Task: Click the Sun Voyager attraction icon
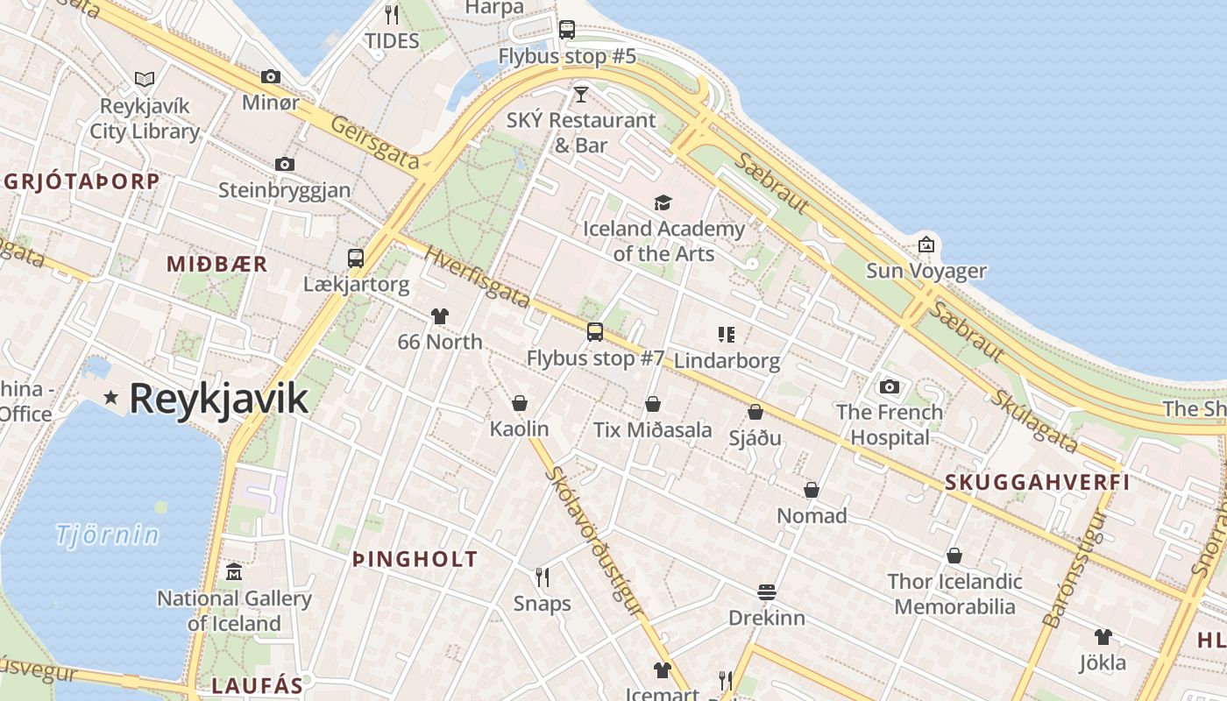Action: (x=926, y=244)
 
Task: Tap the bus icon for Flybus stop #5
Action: (x=567, y=30)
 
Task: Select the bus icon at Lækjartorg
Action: (x=355, y=258)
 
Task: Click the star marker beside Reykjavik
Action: (x=110, y=398)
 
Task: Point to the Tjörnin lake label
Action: (x=108, y=535)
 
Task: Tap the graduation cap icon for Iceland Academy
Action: (x=663, y=203)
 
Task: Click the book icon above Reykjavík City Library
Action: (x=145, y=80)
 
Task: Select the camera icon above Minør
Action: (x=271, y=77)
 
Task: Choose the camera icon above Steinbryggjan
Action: (x=284, y=164)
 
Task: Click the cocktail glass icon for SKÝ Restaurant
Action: (x=580, y=94)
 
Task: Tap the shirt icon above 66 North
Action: (x=440, y=316)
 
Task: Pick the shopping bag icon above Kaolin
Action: (x=520, y=403)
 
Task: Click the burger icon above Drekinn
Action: (x=767, y=592)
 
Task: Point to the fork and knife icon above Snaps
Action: (x=543, y=577)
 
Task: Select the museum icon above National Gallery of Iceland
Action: (x=234, y=573)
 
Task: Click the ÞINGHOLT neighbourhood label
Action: (x=415, y=559)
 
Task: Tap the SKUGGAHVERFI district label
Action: (x=1037, y=482)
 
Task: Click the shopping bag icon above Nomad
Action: (x=812, y=490)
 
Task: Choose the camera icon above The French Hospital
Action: (x=890, y=386)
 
